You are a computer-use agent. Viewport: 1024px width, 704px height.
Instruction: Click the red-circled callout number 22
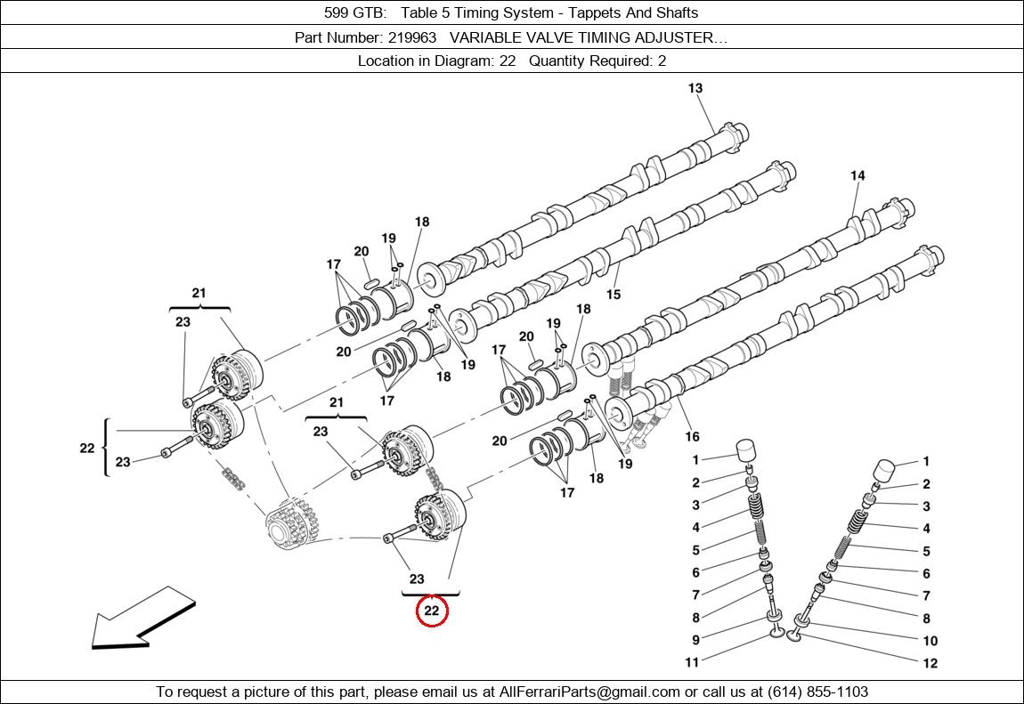click(432, 611)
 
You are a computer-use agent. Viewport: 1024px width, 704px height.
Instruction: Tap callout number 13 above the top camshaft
click(695, 88)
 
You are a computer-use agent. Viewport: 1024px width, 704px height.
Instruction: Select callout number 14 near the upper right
click(857, 175)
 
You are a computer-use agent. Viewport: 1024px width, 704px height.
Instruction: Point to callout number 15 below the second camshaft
click(614, 295)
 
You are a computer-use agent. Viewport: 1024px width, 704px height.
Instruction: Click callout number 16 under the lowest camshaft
click(692, 436)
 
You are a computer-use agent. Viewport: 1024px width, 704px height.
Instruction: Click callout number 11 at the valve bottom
click(692, 662)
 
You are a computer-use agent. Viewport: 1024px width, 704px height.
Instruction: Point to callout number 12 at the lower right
click(930, 662)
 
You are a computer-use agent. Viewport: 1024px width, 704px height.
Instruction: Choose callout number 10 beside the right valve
click(930, 640)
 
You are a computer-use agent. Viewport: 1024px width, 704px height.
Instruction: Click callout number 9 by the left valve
click(695, 640)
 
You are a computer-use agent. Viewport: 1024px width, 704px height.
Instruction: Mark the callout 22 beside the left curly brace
click(86, 448)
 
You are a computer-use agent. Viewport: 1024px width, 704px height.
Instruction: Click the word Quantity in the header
click(558, 61)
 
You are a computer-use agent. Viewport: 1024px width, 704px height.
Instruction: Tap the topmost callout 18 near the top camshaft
click(422, 222)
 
